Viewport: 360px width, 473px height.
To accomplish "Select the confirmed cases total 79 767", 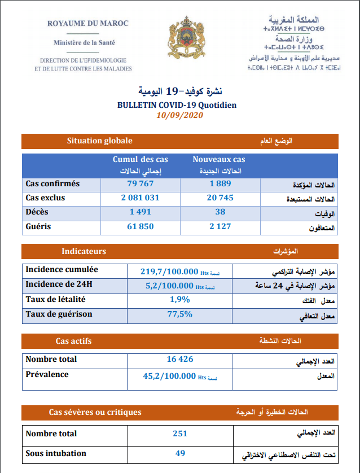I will [x=140, y=184].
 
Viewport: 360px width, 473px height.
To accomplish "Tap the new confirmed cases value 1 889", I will [x=220, y=184].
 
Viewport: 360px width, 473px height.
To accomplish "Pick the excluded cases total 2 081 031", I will [x=140, y=198].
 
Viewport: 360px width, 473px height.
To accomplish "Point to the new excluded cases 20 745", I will [x=220, y=198].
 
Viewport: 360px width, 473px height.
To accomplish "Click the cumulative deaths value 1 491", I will [x=140, y=212].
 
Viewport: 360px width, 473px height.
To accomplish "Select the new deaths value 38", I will [x=220, y=212].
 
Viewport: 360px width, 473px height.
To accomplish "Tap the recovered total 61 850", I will [x=140, y=227].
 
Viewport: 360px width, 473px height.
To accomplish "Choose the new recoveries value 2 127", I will [x=220, y=227].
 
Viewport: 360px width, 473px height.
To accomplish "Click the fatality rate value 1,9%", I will [x=179, y=300].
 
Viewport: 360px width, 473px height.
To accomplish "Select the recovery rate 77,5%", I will [x=179, y=314].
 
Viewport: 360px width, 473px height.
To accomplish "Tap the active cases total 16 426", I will [x=180, y=360].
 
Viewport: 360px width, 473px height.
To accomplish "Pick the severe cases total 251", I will [x=180, y=434].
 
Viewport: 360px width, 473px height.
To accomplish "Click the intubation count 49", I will [x=180, y=453].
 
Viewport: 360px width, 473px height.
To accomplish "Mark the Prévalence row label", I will [x=47, y=374].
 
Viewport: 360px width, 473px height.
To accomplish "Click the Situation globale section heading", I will [x=99, y=141].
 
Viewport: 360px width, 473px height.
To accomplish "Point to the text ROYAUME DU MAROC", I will [x=87, y=23].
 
